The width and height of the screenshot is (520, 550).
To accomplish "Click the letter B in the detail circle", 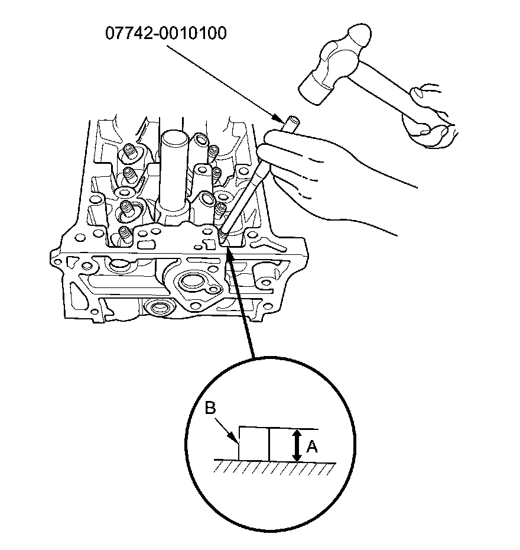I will (x=210, y=409).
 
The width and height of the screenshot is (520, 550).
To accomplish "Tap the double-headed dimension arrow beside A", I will (x=297, y=446).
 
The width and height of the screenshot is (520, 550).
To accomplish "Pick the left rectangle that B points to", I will (x=253, y=444).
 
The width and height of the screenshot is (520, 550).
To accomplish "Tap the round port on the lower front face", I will (x=158, y=308).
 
